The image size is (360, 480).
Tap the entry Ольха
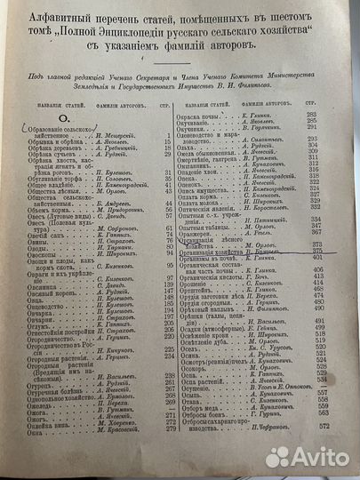pos(198,171)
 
